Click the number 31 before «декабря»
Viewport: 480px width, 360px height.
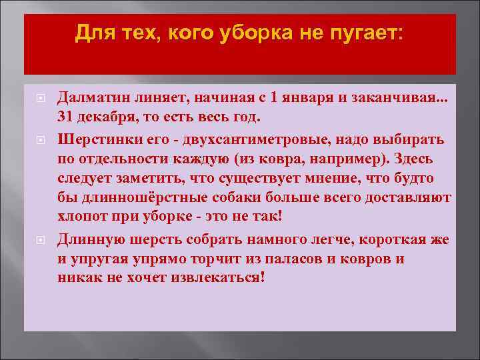pos(65,115)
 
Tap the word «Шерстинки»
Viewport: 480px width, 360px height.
pos(93,140)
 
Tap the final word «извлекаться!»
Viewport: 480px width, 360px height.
pos(222,277)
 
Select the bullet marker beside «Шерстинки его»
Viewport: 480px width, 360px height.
pos(39,141)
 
